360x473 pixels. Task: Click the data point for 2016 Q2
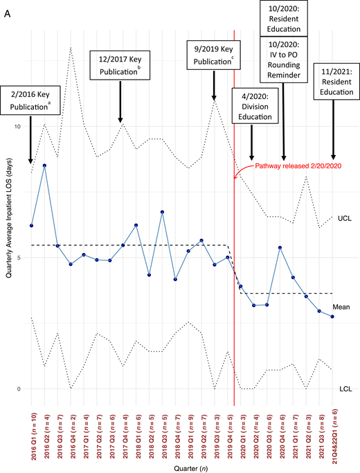pos(45,166)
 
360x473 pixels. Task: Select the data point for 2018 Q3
pos(162,212)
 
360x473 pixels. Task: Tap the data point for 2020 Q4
pos(280,247)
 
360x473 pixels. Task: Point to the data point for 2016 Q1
pos(32,226)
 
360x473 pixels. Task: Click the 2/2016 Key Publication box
pos(30,99)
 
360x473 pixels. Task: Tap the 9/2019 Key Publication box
pos(215,56)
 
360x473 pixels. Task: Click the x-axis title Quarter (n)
pos(181,467)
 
